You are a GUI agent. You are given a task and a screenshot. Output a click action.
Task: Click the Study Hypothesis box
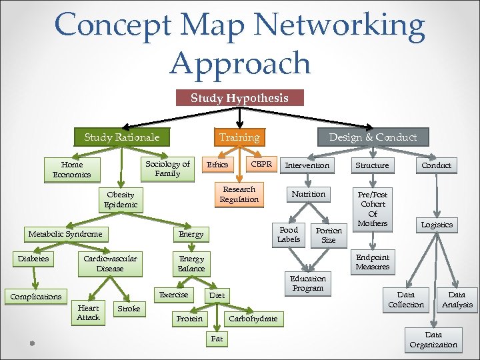239,98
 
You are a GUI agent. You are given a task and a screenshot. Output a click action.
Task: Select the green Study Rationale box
122,137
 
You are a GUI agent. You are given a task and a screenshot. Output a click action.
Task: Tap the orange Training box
239,137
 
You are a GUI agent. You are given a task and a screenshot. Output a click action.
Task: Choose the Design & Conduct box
373,137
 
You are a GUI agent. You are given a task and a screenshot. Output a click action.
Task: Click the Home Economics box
72,169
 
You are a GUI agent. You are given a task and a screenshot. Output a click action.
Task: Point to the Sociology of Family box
167,169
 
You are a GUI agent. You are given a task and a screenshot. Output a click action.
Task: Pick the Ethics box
217,165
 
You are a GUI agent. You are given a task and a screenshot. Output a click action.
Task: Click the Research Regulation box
239,195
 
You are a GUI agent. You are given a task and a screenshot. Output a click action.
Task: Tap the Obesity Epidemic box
121,200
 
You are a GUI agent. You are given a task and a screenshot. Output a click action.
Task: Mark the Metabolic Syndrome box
65,234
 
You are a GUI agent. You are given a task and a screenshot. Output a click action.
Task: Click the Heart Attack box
88,313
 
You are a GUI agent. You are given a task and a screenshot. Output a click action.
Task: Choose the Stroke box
129,309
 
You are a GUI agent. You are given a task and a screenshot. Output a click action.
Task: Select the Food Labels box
289,235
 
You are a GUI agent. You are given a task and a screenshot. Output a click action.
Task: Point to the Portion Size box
329,235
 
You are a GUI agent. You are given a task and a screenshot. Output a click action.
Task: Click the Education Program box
307,283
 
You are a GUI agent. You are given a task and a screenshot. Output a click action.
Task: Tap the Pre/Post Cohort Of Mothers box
373,209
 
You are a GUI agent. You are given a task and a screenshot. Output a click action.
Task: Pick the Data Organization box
433,340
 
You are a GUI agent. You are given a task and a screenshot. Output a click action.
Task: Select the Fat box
217,339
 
